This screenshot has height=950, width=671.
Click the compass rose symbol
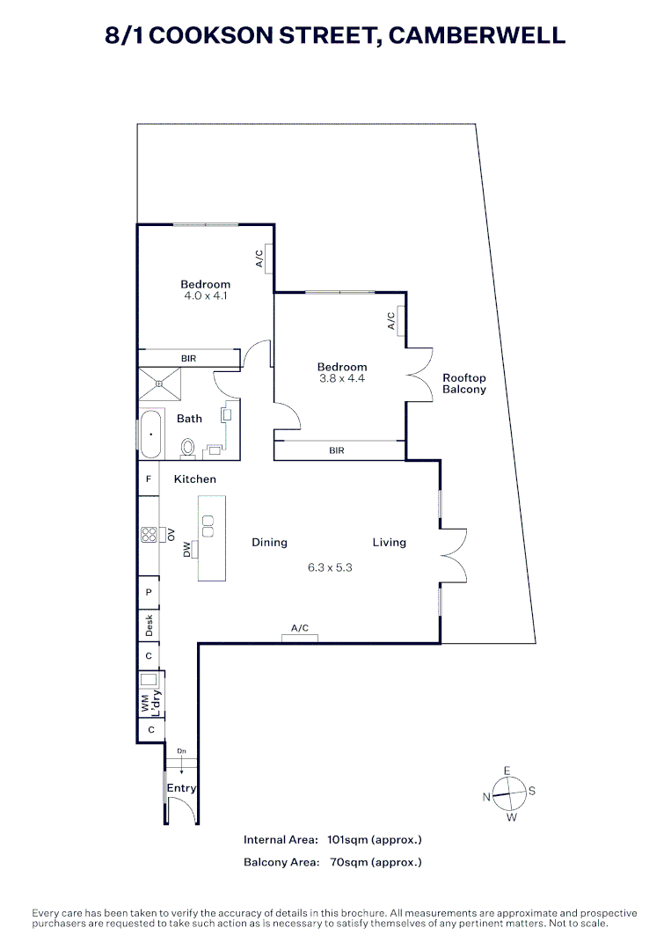(x=508, y=794)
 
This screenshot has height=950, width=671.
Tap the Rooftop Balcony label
(x=463, y=384)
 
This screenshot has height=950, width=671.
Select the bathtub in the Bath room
(x=150, y=435)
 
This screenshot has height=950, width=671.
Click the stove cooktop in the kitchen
(x=148, y=535)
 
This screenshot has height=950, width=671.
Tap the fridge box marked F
(x=149, y=479)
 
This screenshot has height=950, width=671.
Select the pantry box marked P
(x=149, y=593)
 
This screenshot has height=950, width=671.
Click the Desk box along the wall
(x=149, y=625)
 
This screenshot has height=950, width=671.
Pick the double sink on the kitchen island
(x=208, y=526)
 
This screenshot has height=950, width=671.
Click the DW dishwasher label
(x=187, y=550)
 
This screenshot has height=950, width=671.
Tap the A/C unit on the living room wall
(x=300, y=637)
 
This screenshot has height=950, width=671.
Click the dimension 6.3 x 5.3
(x=330, y=567)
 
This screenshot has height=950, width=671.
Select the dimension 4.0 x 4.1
(x=206, y=296)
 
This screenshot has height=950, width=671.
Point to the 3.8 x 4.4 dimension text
(x=342, y=379)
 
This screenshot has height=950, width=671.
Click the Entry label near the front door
(x=181, y=788)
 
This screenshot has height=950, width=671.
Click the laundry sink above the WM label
(x=149, y=680)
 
